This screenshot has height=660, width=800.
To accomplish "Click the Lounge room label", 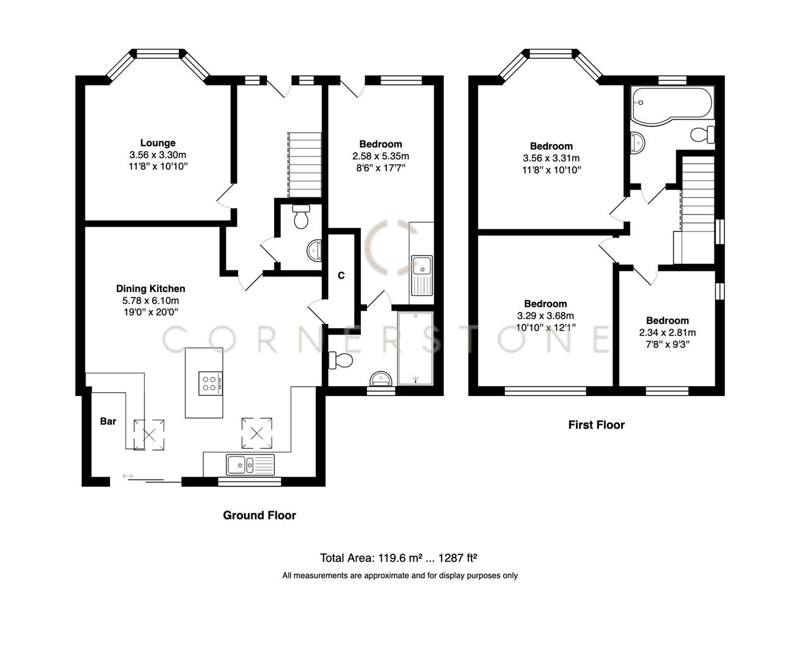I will [158, 143].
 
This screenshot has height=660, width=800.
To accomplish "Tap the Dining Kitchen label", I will [151, 288].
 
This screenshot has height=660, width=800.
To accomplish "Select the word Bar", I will [108, 421].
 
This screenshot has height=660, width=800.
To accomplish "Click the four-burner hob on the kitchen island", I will [210, 383].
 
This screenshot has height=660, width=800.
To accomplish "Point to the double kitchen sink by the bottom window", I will [250, 465].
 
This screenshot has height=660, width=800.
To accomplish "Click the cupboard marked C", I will [341, 276].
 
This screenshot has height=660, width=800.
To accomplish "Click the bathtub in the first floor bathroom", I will [672, 105].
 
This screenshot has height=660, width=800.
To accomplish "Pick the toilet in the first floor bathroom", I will [703, 133].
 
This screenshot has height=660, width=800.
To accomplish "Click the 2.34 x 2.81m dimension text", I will [667, 333].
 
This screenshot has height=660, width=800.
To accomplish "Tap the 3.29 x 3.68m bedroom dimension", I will [545, 316].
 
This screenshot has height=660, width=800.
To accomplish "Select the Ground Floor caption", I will [260, 515].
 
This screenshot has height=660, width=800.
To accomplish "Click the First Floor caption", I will [596, 425].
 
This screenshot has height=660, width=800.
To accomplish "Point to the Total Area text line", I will [398, 557].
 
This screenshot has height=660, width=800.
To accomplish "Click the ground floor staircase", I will [305, 165].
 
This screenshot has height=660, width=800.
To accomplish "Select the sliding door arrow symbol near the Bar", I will [128, 476].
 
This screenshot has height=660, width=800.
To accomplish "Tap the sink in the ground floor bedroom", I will [421, 266].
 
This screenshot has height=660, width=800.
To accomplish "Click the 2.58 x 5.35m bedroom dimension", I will [380, 156].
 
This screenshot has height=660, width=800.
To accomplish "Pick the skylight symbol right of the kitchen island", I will [256, 433].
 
